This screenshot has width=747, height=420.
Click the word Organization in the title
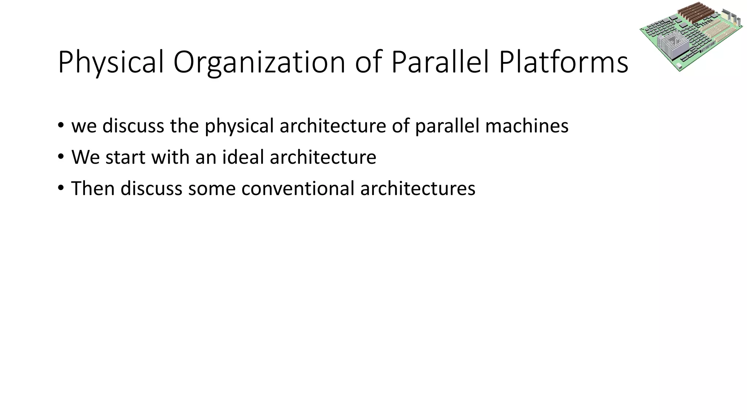[259, 63]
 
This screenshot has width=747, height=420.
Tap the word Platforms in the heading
[564, 63]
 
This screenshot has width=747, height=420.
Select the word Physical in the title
[111, 63]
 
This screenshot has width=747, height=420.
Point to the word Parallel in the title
[440, 63]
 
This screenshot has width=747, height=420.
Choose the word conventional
[298, 189]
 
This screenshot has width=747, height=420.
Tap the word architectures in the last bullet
[418, 189]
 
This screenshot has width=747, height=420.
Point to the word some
[212, 189]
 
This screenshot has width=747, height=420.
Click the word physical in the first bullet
[239, 126]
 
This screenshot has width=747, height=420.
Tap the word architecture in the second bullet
[323, 157]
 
